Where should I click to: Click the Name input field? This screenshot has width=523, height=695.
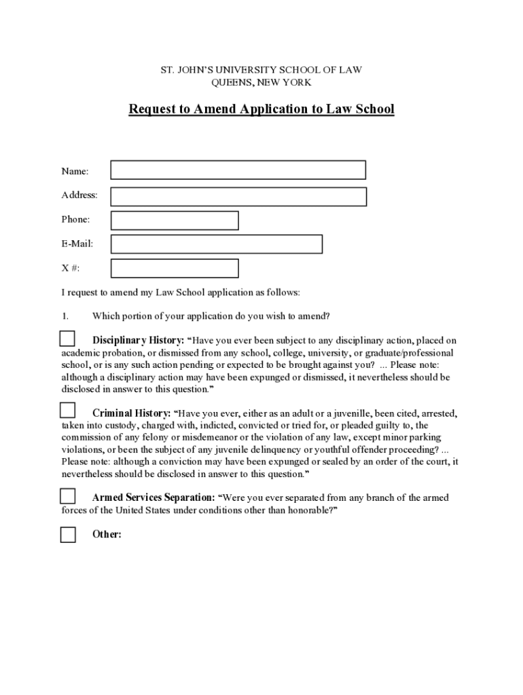pos(238,170)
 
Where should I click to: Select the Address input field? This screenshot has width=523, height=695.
pos(238,196)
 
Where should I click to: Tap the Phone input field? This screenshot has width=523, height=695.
pos(175,221)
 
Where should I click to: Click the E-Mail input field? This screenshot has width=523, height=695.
pos(216,244)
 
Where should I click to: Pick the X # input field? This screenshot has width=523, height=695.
pos(175,268)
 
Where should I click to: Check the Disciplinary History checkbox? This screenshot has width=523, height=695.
pos(67,339)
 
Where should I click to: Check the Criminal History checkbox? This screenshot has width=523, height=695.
pos(67,410)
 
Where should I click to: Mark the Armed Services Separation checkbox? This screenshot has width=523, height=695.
pos(67,495)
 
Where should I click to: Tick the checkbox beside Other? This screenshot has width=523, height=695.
pos(68,535)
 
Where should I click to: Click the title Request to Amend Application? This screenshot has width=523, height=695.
pos(261,109)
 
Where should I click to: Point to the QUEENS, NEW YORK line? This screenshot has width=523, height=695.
pos(261,82)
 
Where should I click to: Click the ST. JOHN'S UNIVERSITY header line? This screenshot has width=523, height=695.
pos(261,70)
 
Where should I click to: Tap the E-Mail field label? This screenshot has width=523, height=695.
pos(77,244)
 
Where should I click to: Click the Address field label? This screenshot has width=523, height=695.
pos(79,195)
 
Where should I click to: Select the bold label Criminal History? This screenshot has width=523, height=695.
pos(131,413)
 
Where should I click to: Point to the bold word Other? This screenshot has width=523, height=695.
pos(107,535)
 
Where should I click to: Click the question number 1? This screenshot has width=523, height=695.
pos(65,316)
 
